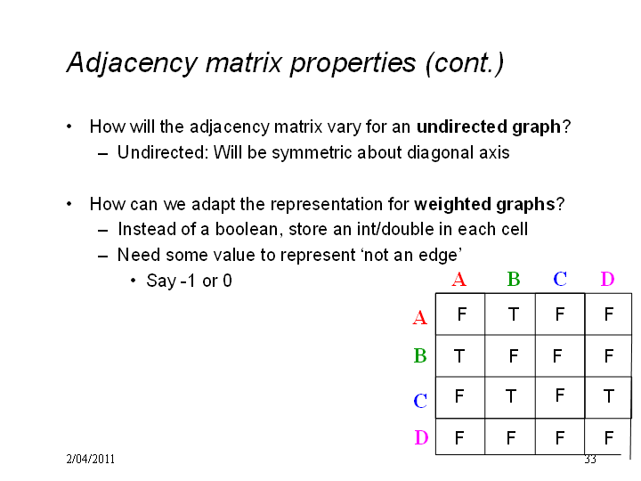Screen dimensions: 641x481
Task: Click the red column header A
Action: click(459, 280)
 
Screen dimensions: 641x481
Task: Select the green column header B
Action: click(514, 280)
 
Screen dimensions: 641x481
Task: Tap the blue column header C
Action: click(560, 280)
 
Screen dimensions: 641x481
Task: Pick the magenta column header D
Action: click(607, 280)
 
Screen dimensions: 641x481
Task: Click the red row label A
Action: click(420, 317)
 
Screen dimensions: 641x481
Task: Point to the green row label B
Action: click(420, 355)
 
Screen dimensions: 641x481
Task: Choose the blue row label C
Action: click(420, 401)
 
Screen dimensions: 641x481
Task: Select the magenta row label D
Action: click(421, 437)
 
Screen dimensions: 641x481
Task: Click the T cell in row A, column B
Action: click(514, 314)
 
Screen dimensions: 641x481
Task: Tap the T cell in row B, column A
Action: click(459, 355)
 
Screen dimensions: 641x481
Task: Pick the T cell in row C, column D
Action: click(609, 395)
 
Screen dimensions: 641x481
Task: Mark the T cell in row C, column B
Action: click(511, 395)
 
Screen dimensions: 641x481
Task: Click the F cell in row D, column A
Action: click(459, 437)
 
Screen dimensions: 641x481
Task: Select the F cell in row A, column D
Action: click(609, 314)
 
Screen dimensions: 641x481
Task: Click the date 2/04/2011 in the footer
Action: click(90, 459)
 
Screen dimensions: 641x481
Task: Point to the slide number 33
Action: click(590, 460)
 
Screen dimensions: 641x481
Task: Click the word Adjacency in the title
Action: click(132, 63)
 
